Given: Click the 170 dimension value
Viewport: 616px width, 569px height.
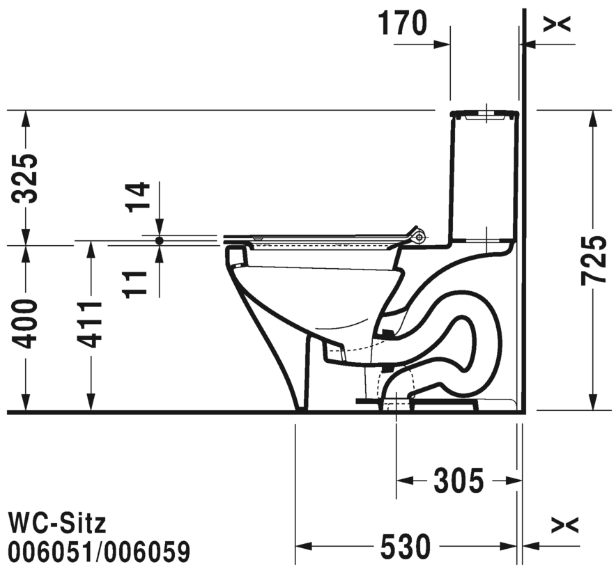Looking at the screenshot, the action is click(x=403, y=24).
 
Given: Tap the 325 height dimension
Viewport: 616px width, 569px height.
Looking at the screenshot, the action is click(x=24, y=178).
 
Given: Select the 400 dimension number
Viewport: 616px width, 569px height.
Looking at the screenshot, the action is click(x=24, y=324).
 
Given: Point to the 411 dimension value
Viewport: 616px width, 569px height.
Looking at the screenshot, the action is click(x=90, y=325).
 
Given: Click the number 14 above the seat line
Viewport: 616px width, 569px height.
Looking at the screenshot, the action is click(x=137, y=197).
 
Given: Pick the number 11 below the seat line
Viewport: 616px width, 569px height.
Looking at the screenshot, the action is click(x=134, y=284).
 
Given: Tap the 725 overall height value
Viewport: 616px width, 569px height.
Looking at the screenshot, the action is click(x=594, y=260).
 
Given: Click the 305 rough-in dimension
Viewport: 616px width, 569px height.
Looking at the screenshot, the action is click(x=459, y=481).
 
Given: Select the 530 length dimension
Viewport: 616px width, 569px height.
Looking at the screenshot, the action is click(x=406, y=546).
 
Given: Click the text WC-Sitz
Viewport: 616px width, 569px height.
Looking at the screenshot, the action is click(x=57, y=524).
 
